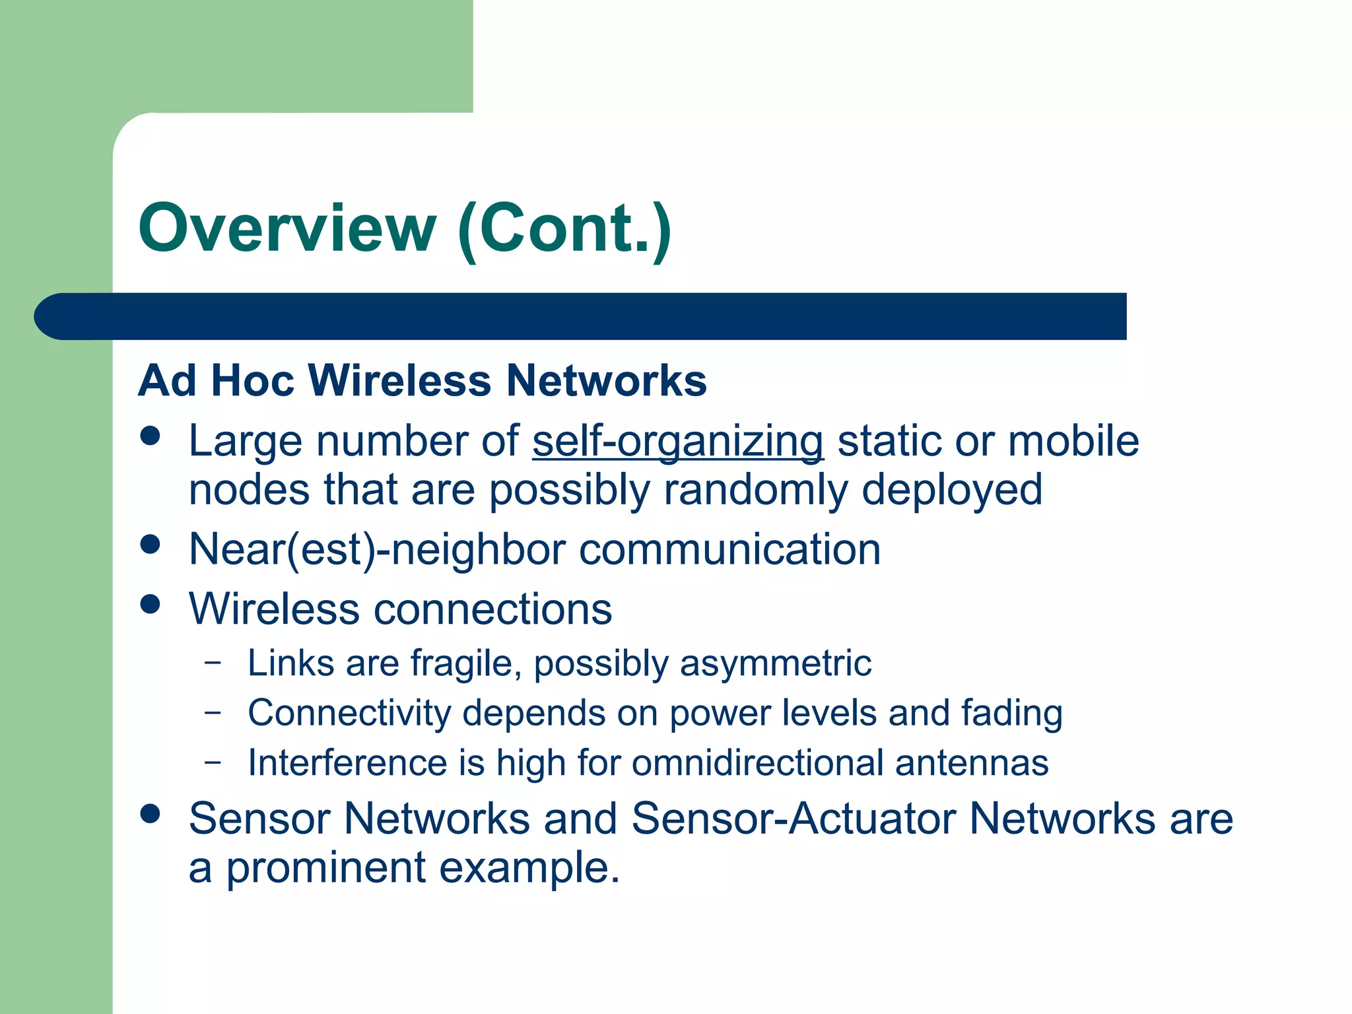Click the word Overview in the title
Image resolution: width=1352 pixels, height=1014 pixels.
point(287,228)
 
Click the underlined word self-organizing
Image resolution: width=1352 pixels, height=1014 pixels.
point(678,441)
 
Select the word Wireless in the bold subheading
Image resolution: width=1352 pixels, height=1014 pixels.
point(399,381)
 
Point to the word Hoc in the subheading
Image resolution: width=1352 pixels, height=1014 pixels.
point(252,381)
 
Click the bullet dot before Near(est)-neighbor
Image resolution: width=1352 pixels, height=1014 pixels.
point(151,545)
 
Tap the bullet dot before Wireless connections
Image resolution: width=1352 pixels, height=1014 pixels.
point(151,604)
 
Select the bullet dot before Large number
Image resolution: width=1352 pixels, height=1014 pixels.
point(151,436)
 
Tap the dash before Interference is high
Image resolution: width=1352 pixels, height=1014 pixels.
point(213,761)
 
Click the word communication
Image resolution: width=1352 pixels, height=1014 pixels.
point(729,549)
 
